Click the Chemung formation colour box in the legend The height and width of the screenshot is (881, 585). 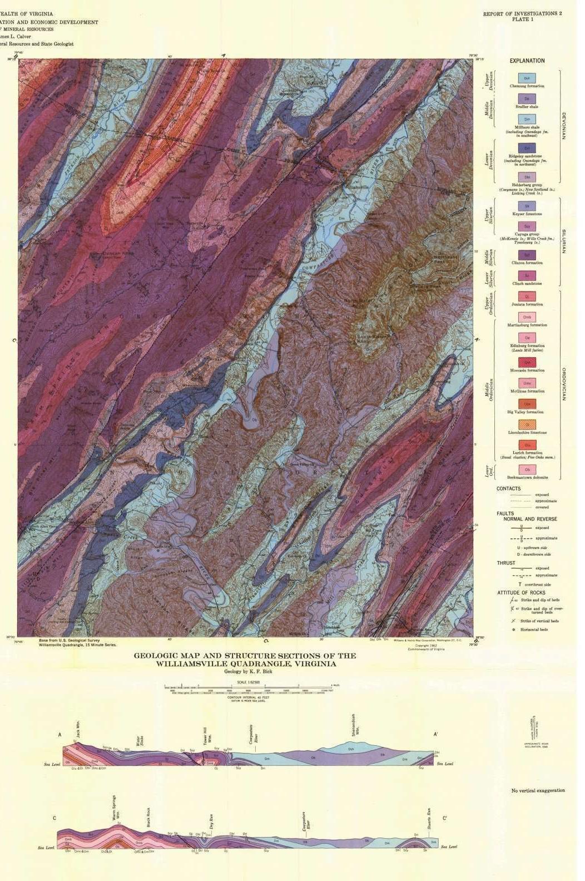point(527,78)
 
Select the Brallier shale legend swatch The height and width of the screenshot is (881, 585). point(527,99)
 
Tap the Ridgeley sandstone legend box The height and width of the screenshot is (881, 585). point(527,148)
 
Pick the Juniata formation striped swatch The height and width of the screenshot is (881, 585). point(527,296)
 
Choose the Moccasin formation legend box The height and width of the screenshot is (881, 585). point(527,363)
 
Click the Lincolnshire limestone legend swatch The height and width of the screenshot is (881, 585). point(527,425)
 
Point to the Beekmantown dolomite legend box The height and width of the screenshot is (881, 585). point(527,469)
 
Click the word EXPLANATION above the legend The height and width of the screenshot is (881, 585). point(527,61)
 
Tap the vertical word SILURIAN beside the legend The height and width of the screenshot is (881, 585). point(563,241)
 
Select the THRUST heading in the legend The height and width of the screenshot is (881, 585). point(505,563)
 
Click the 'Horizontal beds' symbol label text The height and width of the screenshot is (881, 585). point(534,630)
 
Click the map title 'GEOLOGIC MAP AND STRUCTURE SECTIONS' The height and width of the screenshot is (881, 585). point(245,656)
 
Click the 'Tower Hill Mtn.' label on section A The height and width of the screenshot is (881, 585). point(205,736)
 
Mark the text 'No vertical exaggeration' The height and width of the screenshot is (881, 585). point(538,790)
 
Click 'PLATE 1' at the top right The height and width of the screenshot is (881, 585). point(522,19)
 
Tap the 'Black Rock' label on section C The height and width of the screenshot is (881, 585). point(148,817)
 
